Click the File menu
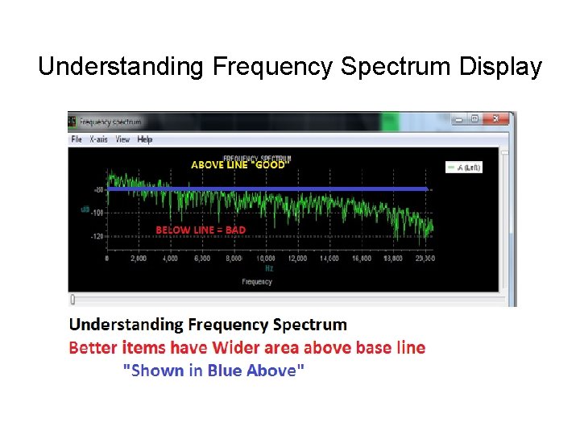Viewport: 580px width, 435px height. click(77, 139)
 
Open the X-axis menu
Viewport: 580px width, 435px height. click(99, 139)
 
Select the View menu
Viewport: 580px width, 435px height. click(122, 139)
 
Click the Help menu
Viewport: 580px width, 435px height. click(145, 139)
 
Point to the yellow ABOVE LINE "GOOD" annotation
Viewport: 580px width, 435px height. click(238, 164)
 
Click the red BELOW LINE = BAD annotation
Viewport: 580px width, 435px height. click(201, 230)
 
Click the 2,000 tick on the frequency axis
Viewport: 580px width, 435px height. click(139, 259)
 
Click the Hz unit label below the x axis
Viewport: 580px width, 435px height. click(268, 268)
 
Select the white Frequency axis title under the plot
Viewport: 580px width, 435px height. click(256, 282)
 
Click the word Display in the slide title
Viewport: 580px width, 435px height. click(500, 67)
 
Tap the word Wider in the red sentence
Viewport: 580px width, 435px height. click(238, 348)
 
